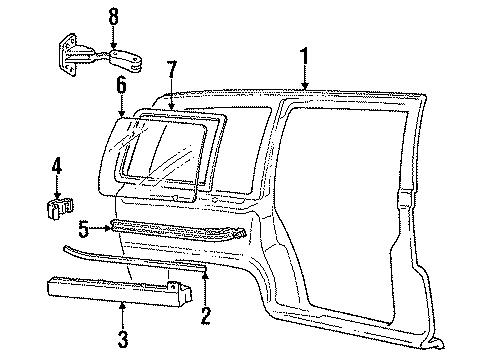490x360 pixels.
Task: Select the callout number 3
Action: (x=122, y=340)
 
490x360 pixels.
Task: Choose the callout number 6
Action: (x=122, y=86)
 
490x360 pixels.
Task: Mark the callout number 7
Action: (x=172, y=70)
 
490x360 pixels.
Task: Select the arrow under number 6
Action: (x=122, y=108)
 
